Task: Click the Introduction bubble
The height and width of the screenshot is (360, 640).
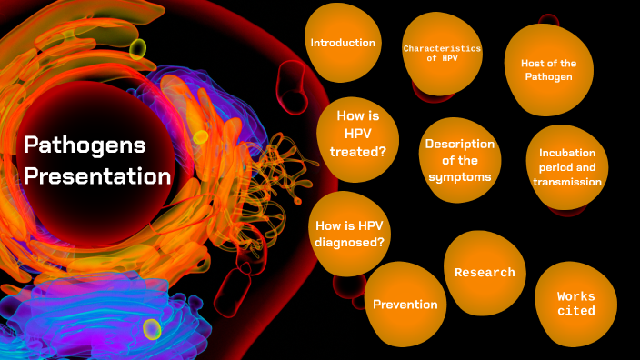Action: (x=343, y=44)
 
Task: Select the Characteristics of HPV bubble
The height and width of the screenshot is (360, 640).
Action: (x=442, y=53)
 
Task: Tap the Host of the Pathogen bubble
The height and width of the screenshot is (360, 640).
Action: (x=546, y=70)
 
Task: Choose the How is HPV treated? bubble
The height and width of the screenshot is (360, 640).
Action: (x=358, y=135)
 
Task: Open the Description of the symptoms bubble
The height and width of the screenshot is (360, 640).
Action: (x=459, y=160)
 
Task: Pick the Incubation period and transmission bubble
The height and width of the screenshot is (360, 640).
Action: (x=567, y=167)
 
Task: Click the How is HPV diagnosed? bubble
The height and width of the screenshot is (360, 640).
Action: (x=349, y=234)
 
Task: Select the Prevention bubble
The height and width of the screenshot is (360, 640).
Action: (x=405, y=305)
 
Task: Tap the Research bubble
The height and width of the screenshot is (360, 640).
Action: (x=485, y=273)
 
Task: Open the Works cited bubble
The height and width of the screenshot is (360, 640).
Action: (x=575, y=304)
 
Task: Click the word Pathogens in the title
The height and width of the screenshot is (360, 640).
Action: (x=85, y=145)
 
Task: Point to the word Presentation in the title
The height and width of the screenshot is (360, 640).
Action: (x=97, y=176)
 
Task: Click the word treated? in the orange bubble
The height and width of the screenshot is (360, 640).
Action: (x=358, y=152)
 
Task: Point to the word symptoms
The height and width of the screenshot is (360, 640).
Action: (x=459, y=176)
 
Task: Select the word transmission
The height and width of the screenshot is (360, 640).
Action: (x=567, y=182)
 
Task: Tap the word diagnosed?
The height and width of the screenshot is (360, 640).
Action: (x=349, y=242)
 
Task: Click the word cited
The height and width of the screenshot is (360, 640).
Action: (x=575, y=311)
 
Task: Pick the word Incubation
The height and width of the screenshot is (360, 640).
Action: (x=567, y=153)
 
